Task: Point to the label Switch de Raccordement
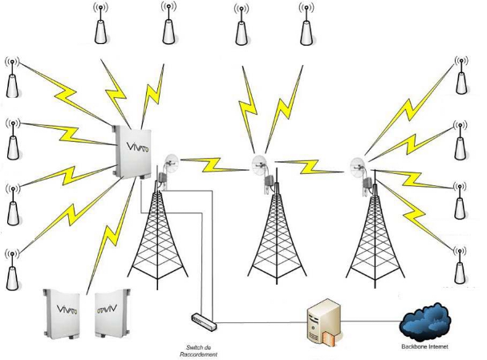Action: pyautogui.click(x=198, y=350)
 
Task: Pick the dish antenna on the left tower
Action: pyautogui.click(x=169, y=164)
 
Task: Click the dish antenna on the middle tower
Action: pyautogui.click(x=259, y=167)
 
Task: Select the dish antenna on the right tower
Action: pyautogui.click(x=359, y=166)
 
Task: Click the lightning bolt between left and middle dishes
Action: pyautogui.click(x=211, y=166)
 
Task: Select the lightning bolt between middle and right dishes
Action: pyautogui.click(x=308, y=167)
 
